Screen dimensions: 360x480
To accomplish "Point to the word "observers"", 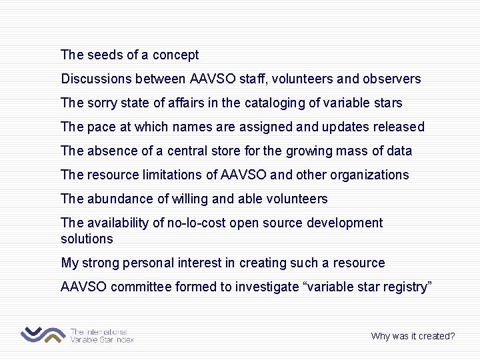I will coord(392,79).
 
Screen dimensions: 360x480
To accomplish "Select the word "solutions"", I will coord(87,239).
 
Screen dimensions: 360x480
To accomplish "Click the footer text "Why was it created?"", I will coord(413,336).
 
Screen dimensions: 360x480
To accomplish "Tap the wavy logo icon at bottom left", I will coord(43,334).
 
